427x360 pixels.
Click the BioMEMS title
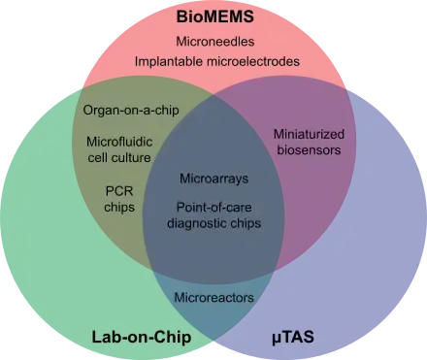coord(215,16)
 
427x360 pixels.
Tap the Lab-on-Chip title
coord(142,338)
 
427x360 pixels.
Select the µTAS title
coord(293,337)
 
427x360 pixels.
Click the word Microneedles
coord(215,42)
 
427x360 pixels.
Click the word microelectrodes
coord(253,61)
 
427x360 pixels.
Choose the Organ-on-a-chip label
coord(131,111)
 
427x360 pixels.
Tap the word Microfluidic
coord(119,142)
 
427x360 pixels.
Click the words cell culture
coord(119,157)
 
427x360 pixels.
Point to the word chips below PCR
coord(119,207)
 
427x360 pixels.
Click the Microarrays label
coord(213,179)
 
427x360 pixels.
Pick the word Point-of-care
coord(213,207)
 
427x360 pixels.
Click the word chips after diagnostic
coord(246,223)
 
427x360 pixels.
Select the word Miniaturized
coord(309,134)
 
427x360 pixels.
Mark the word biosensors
coord(309,150)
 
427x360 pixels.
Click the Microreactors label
coord(213,297)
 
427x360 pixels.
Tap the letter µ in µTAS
coord(276,339)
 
